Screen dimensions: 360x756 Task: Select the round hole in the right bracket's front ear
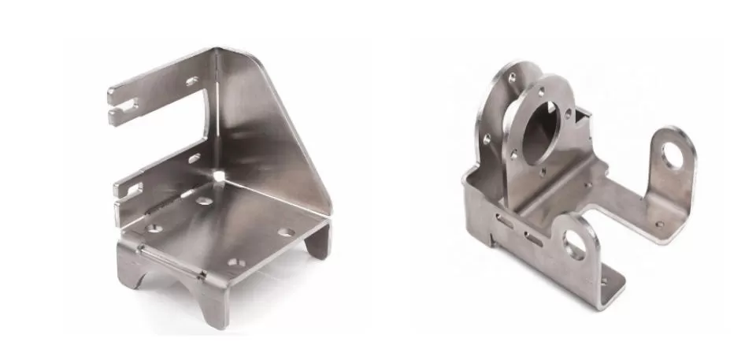pos(576,247)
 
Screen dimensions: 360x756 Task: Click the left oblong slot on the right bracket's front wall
pos(506,225)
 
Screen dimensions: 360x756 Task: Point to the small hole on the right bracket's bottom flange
pos(604,280)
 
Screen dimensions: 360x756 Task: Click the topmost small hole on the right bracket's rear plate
pos(513,77)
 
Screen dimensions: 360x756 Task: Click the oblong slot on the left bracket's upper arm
pos(192,81)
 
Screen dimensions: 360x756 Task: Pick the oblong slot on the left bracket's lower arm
pos(194,158)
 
